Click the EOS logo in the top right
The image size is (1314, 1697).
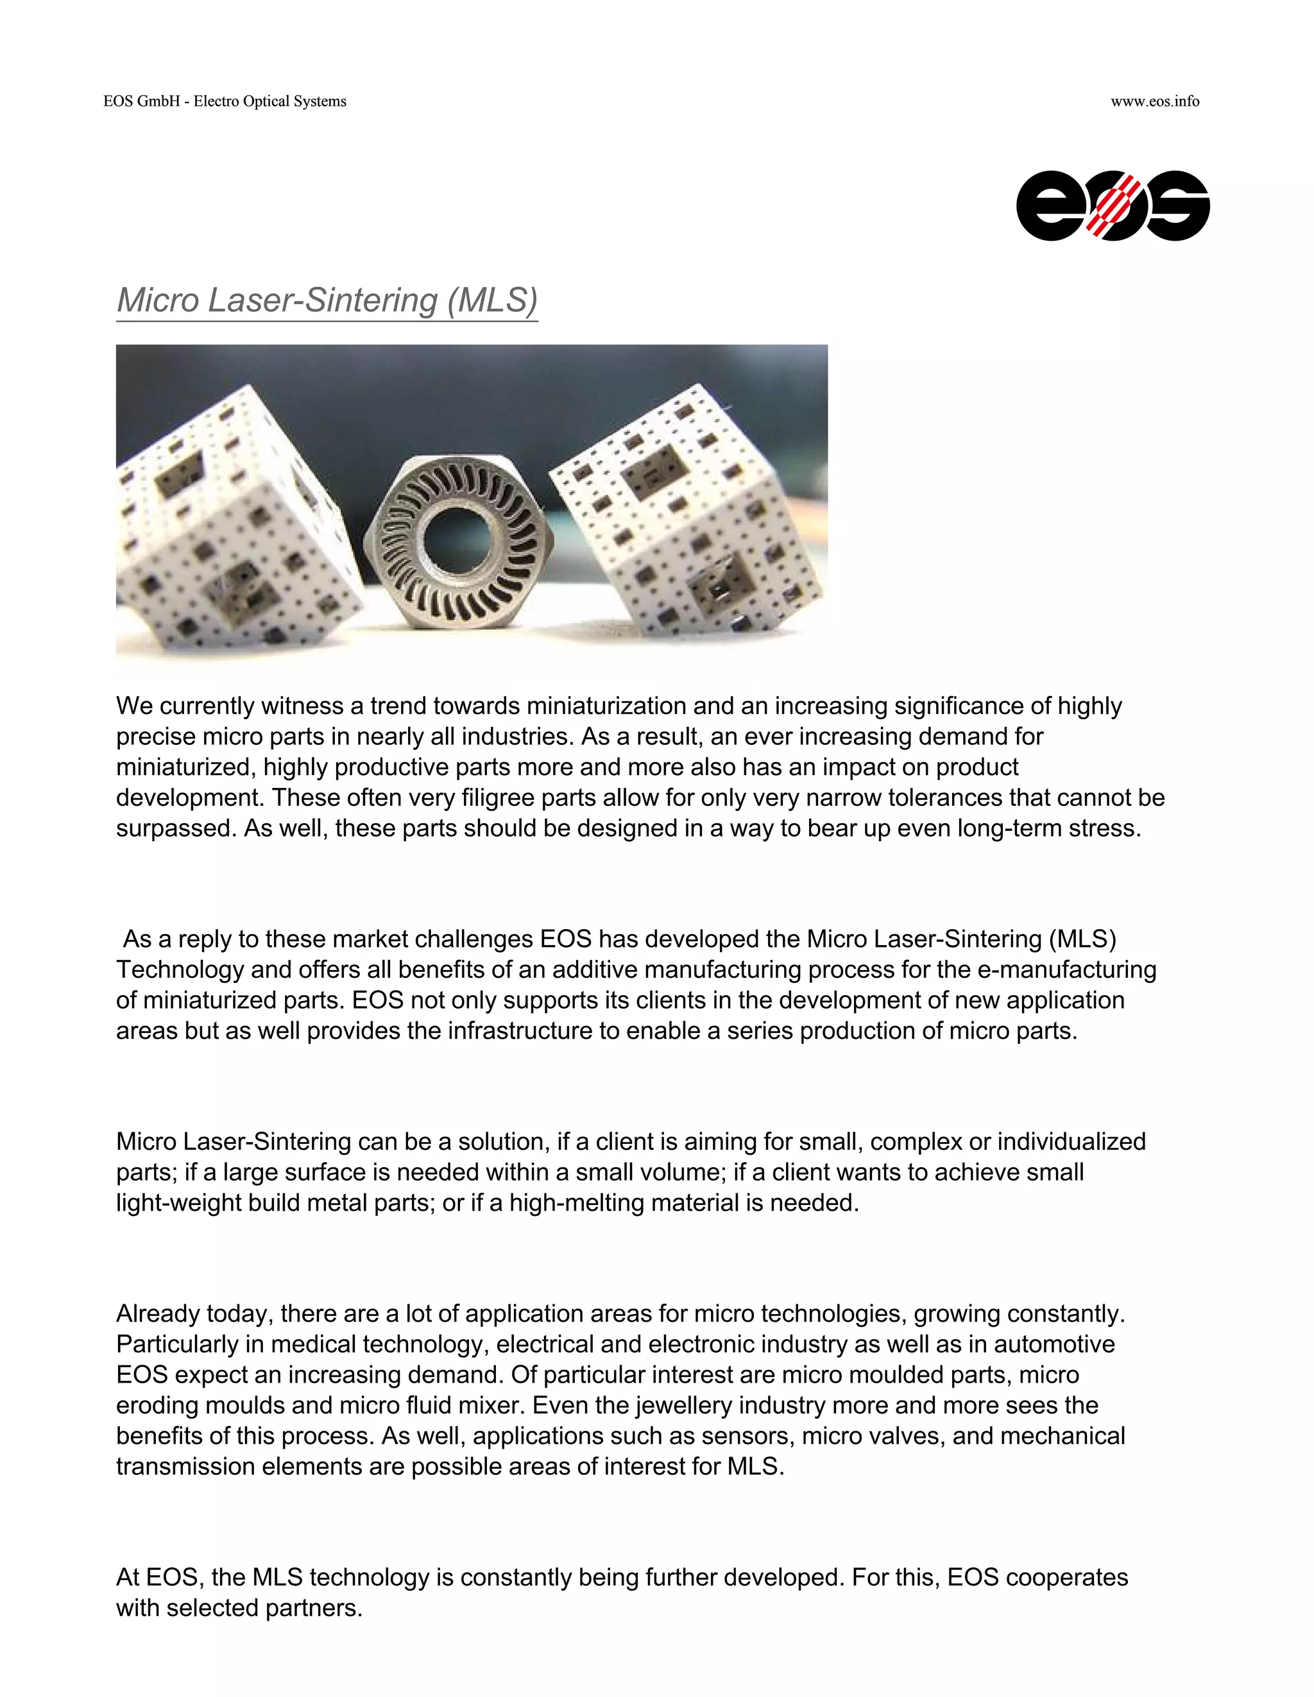pos(1112,206)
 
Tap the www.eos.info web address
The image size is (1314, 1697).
pos(1155,102)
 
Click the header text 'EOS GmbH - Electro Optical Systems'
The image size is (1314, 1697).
pos(225,102)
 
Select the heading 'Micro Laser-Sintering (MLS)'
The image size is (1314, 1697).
pos(327,301)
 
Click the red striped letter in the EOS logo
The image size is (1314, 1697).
pos(1113,206)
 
